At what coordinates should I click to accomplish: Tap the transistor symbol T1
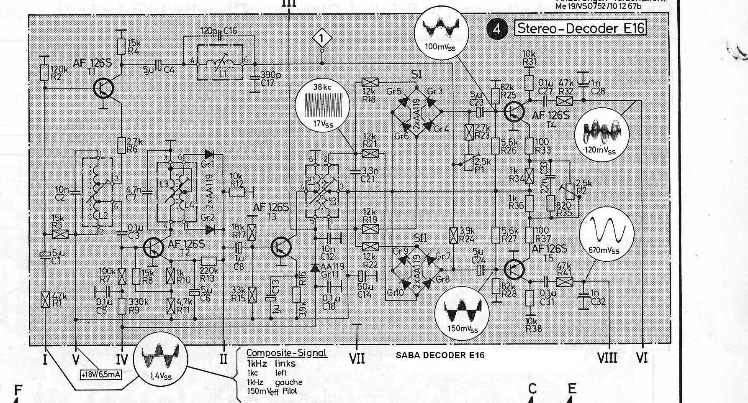coord(103,88)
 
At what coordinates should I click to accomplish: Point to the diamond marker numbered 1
coord(321,39)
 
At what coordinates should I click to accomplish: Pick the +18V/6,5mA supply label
coord(101,374)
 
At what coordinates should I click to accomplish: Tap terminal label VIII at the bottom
coord(607,358)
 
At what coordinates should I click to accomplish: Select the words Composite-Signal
coord(286,353)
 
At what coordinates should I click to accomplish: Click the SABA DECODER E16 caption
coord(440,355)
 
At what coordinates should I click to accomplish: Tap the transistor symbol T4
coord(514,111)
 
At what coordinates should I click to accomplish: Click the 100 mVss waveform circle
coord(441,32)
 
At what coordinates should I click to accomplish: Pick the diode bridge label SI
coord(416,75)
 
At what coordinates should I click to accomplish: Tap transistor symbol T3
coord(281,247)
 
